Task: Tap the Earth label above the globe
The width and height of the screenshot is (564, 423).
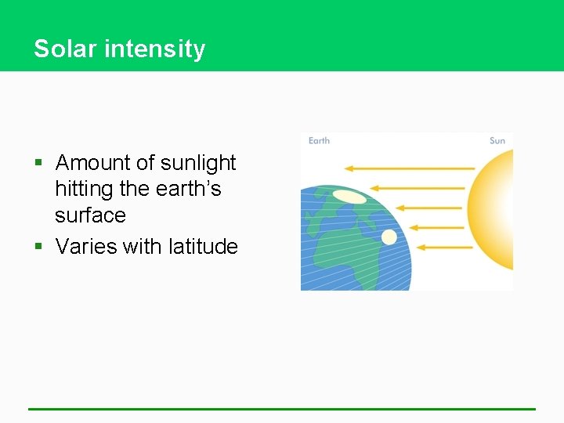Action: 319,141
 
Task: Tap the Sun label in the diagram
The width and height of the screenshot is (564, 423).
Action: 497,141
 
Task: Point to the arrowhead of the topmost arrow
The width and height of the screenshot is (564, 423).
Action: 349,168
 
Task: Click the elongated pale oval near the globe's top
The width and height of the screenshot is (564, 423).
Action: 349,197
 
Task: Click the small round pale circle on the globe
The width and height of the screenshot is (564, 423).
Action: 389,237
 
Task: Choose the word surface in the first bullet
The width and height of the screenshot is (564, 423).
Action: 90,215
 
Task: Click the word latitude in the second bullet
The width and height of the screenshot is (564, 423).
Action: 203,247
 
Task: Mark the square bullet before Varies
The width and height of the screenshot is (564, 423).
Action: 39,248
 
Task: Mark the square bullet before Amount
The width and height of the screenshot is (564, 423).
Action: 39,164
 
